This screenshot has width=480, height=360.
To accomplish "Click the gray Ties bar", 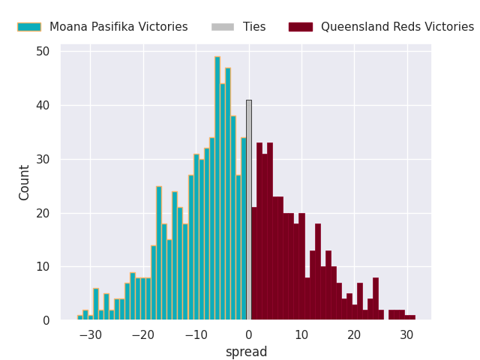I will click(248, 210).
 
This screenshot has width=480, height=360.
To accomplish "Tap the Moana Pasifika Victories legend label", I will click(118, 27).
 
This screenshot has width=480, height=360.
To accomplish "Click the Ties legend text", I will click(254, 27).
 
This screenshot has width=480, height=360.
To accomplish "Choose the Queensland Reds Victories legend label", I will click(397, 27).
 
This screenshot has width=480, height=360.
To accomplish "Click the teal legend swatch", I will click(29, 27).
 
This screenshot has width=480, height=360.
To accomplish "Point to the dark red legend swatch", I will click(301, 27).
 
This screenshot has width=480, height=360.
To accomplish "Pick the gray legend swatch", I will click(223, 27).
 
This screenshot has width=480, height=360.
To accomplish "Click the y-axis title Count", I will click(25, 182).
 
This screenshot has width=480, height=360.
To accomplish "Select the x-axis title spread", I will click(246, 352).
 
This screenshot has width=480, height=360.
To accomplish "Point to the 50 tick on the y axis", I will click(43, 52).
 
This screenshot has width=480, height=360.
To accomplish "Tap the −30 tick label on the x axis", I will click(90, 335).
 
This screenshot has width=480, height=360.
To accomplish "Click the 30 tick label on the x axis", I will click(406, 335).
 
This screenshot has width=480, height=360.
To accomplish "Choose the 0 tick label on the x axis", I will click(249, 335).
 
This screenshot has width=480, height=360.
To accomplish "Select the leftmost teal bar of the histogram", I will click(79, 318).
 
